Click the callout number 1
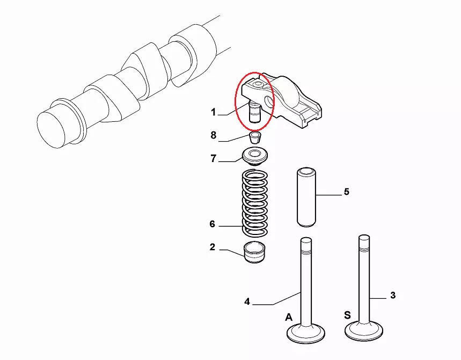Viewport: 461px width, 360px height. pyautogui.click(x=214, y=112)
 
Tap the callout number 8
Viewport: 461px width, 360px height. pyautogui.click(x=214, y=135)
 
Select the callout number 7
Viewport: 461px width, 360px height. pyautogui.click(x=214, y=158)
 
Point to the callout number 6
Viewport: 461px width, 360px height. pyautogui.click(x=213, y=224)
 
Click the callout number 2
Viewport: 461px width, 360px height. pyautogui.click(x=213, y=247)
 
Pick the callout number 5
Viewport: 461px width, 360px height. pyautogui.click(x=347, y=192)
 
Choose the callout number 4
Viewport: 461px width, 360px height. pyautogui.click(x=247, y=302)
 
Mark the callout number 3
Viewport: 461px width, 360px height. pyautogui.click(x=393, y=295)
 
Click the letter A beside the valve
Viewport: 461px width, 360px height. pyautogui.click(x=289, y=318)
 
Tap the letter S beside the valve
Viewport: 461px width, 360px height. pyautogui.click(x=347, y=315)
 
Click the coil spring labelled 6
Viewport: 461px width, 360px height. pyautogui.click(x=254, y=203)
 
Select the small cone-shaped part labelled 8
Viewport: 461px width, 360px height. pyautogui.click(x=255, y=137)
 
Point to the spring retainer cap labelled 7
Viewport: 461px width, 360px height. pyautogui.click(x=255, y=157)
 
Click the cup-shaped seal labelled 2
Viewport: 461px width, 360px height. pyautogui.click(x=254, y=252)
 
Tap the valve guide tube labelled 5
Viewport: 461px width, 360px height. pyautogui.click(x=306, y=197)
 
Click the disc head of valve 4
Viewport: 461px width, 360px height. pyautogui.click(x=306, y=334)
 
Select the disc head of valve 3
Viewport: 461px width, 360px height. pyautogui.click(x=364, y=331)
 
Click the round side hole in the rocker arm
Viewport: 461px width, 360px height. pyautogui.click(x=269, y=101)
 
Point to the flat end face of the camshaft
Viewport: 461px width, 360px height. pyautogui.click(x=51, y=130)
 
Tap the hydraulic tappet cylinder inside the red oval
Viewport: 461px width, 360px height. pyautogui.click(x=254, y=112)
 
